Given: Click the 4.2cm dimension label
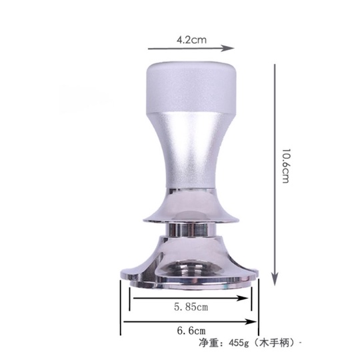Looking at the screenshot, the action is pyautogui.click(x=191, y=40).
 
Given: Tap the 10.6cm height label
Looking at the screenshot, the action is pyautogui.click(x=286, y=166).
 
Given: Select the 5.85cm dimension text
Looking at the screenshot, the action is pyautogui.click(x=191, y=307).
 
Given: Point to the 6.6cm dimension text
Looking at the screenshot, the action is pyautogui.click(x=191, y=331).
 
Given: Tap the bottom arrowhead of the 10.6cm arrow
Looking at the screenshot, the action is pyautogui.click(x=275, y=279).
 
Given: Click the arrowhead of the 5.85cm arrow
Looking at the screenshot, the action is pyautogui.click(x=242, y=298).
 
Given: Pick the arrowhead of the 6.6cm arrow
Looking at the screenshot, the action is pyautogui.click(x=250, y=321).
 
